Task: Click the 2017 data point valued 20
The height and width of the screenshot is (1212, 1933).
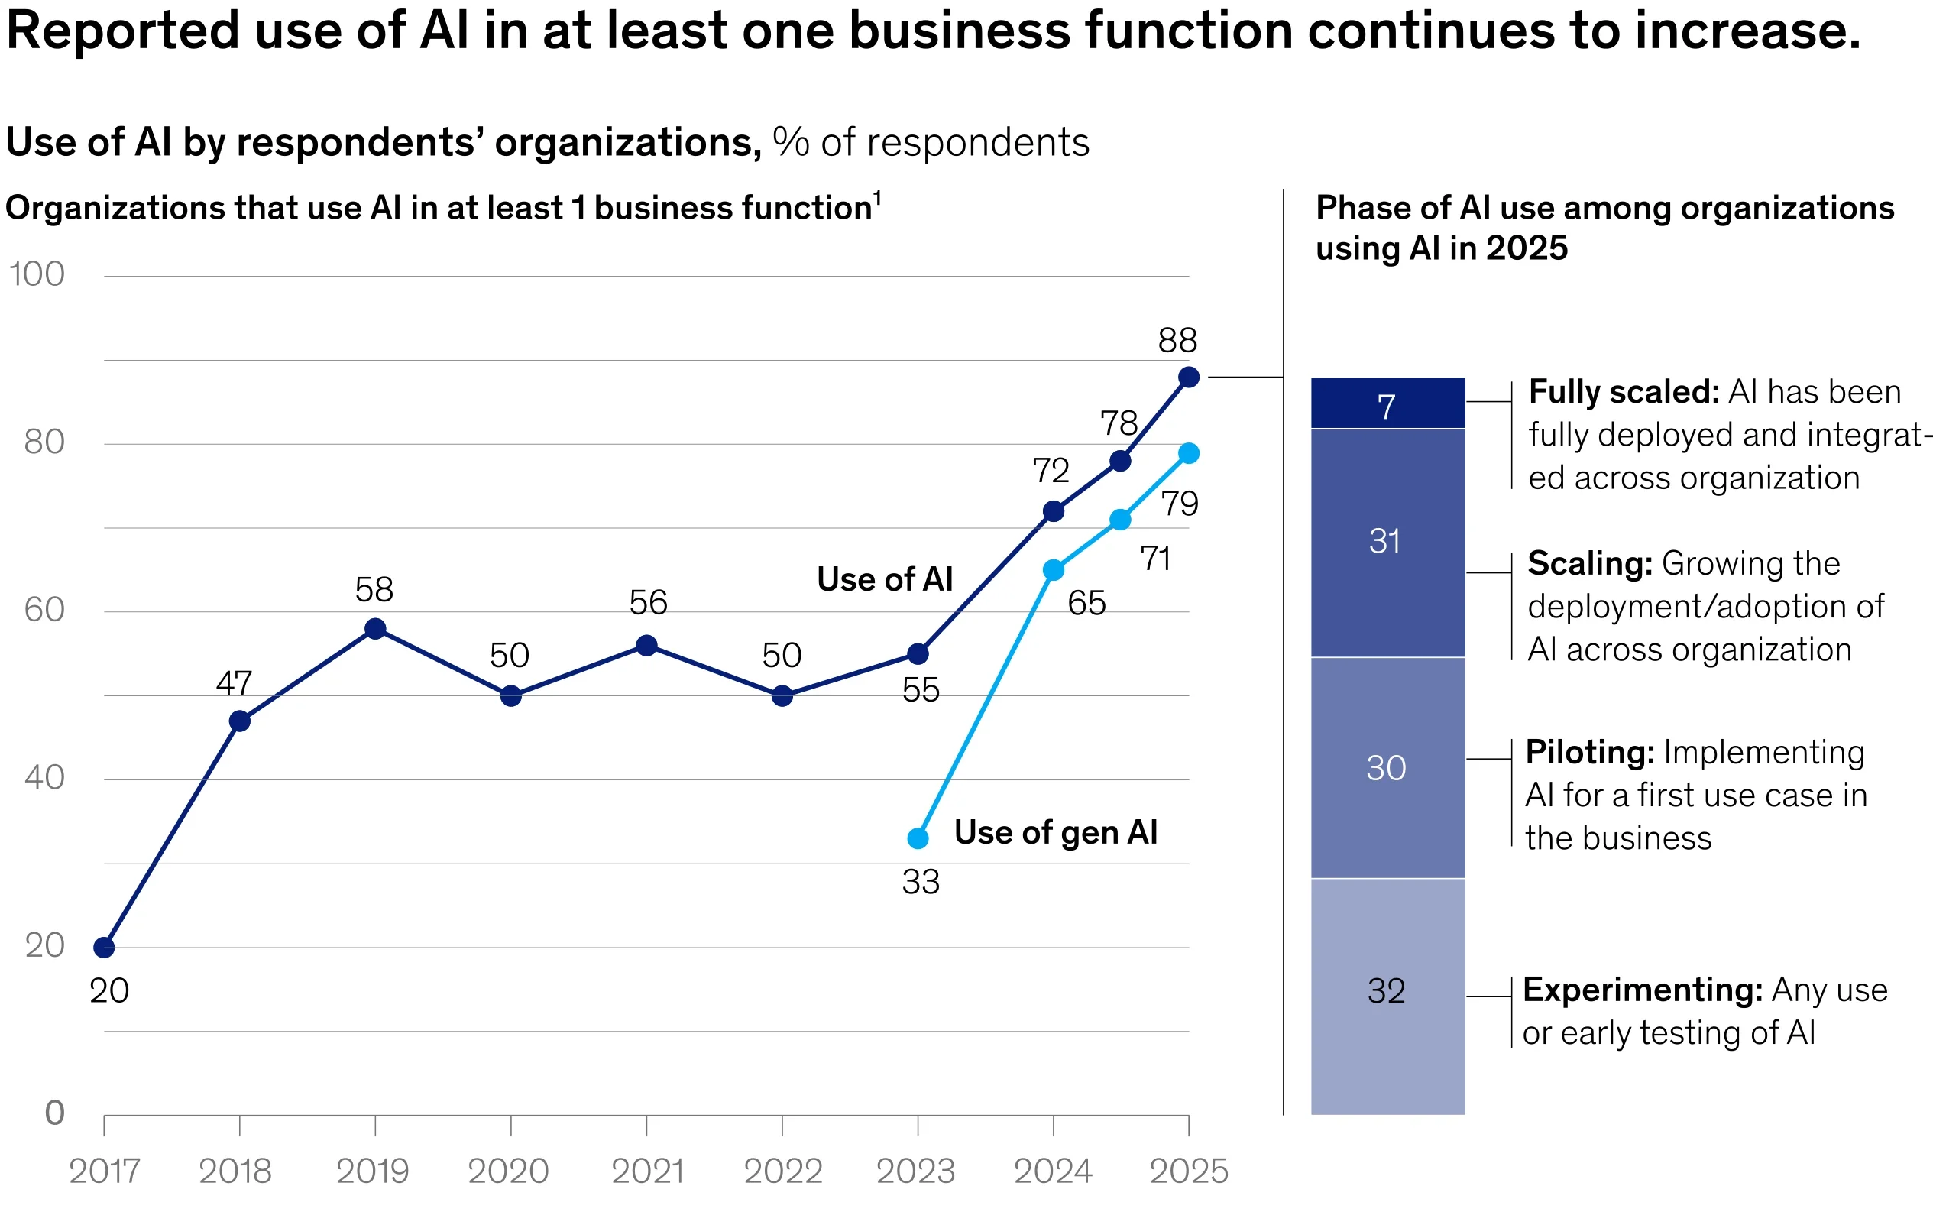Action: [104, 948]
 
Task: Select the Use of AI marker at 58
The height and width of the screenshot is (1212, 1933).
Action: [375, 628]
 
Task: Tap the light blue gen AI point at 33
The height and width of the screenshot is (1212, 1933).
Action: [918, 838]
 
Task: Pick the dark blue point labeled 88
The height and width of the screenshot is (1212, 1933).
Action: [1190, 377]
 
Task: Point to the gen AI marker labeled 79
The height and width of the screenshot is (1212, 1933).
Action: [1190, 453]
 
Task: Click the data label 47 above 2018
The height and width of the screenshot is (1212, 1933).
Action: [234, 684]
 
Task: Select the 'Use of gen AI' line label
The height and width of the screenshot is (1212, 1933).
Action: [1055, 833]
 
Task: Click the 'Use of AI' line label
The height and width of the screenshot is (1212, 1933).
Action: [885, 578]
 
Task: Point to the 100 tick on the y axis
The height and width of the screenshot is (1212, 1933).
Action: [37, 274]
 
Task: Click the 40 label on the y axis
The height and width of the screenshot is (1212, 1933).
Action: [45, 776]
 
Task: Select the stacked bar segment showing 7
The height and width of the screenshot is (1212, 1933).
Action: [1387, 404]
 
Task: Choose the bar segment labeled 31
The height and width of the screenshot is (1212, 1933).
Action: [1387, 542]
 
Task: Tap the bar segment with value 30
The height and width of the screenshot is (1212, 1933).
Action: [1387, 768]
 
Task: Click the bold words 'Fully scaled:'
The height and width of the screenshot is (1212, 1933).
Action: [1624, 392]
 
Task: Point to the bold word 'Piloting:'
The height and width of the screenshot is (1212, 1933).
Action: [1590, 752]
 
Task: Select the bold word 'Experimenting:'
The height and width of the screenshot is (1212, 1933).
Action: [1642, 990]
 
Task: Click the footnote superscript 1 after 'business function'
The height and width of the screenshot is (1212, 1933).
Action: [878, 197]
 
